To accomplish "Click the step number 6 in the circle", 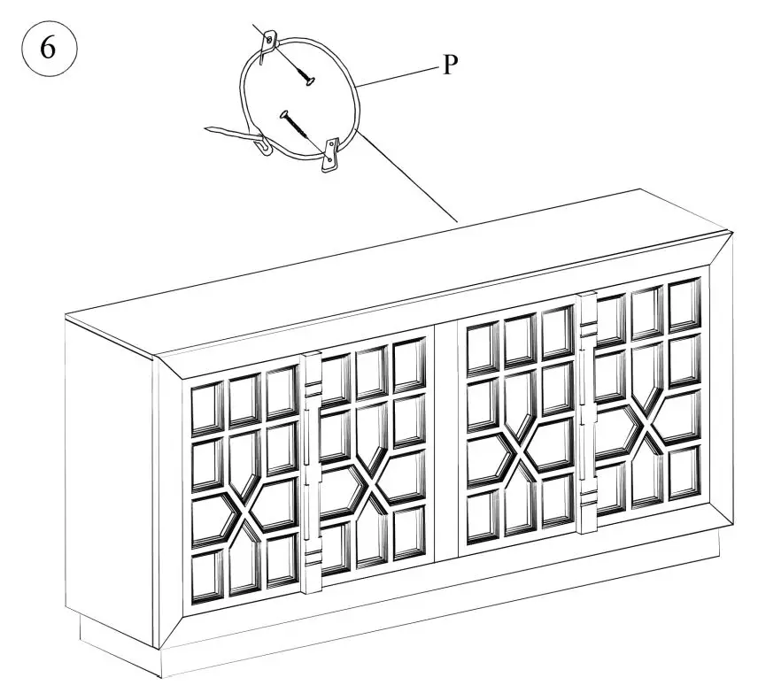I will click(49, 48).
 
